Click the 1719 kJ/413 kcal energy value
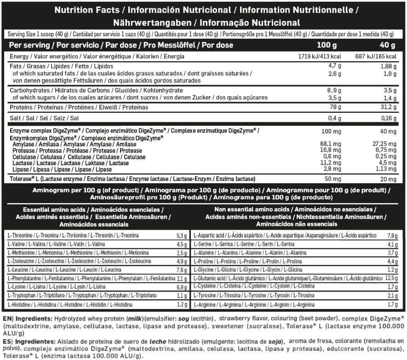[321, 56]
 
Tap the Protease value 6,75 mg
[385, 150]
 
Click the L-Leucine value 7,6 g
[182, 270]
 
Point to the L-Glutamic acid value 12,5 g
[391, 279]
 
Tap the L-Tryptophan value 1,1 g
[182, 296]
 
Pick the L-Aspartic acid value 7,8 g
[392, 235]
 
